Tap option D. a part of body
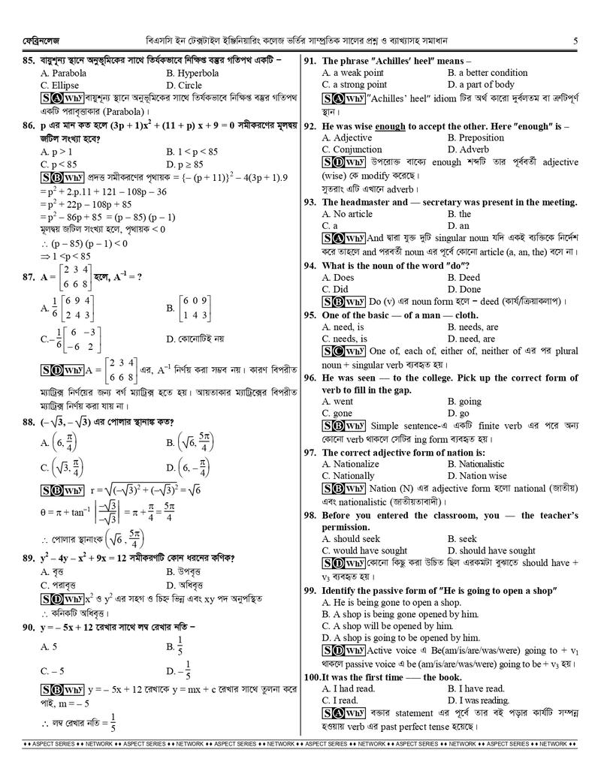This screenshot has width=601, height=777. coord(481,85)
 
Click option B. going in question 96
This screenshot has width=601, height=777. coord(464,402)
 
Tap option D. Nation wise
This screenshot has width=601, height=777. coord(477,476)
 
